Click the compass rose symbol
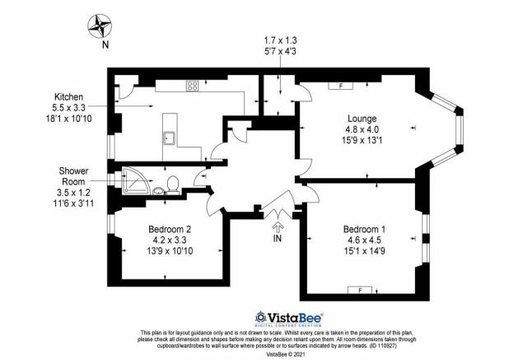click(x=100, y=26)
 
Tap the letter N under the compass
click(x=105, y=44)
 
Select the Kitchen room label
click(x=68, y=96)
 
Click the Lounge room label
click(x=362, y=119)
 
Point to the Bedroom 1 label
click(x=364, y=230)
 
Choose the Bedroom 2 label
click(x=170, y=229)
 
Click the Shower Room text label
click(x=73, y=176)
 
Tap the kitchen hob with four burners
click(x=192, y=86)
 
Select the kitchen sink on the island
click(x=170, y=138)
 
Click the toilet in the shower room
click(x=173, y=184)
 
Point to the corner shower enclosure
click(x=136, y=180)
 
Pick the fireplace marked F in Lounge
click(x=341, y=86)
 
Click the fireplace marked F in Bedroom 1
click(x=360, y=290)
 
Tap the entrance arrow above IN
click(x=278, y=226)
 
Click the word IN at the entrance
click(x=278, y=239)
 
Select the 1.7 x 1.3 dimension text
click(x=281, y=40)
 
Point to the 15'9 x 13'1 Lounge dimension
click(x=362, y=141)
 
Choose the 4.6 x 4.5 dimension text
click(x=364, y=241)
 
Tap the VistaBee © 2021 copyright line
click(x=285, y=353)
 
